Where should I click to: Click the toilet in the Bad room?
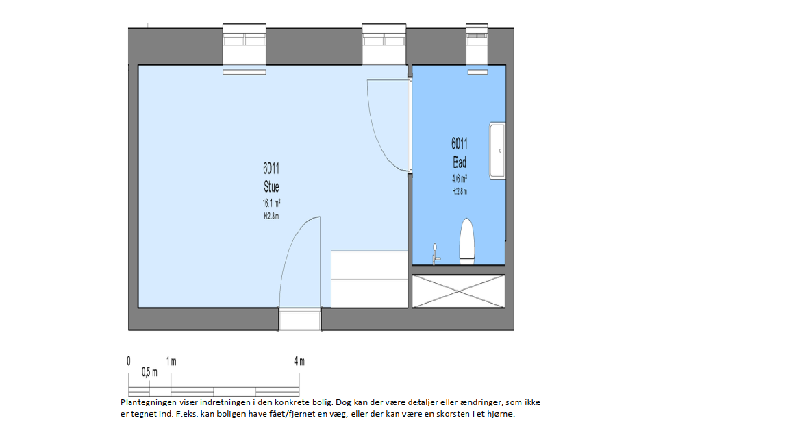(x=467, y=241)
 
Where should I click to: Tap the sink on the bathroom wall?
(x=497, y=151)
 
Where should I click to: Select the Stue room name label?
(x=271, y=187)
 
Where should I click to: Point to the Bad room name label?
(x=460, y=162)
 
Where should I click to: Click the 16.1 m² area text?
(x=271, y=203)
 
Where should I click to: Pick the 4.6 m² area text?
(x=460, y=179)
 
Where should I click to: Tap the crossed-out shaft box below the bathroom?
(x=458, y=291)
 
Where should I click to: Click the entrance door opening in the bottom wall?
(x=300, y=319)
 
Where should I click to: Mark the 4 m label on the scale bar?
(x=299, y=361)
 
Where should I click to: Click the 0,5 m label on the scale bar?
(x=149, y=372)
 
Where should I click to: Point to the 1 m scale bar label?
(x=171, y=361)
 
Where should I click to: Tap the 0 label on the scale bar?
(x=129, y=361)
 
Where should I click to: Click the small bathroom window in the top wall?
(x=477, y=44)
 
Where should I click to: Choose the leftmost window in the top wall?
(x=245, y=44)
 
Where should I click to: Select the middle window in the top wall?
(x=384, y=44)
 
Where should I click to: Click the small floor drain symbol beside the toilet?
(x=436, y=254)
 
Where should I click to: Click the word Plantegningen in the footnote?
(x=149, y=402)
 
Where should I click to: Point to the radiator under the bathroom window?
(x=477, y=73)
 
